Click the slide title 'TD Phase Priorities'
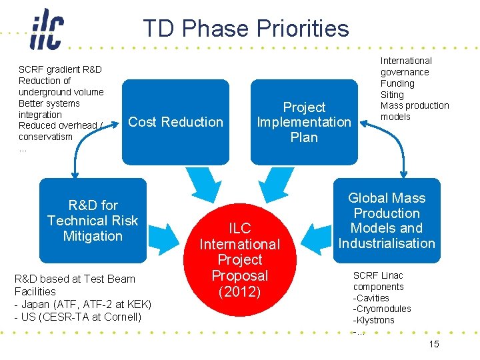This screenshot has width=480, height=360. (245, 28)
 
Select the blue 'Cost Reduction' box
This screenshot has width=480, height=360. (175, 121)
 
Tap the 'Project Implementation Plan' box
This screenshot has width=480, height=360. (304, 121)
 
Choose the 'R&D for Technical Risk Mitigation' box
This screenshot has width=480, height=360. (93, 220)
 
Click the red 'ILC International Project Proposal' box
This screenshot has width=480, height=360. (240, 251)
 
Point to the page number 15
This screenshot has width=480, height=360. (434, 344)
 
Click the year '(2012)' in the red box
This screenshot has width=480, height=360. (240, 291)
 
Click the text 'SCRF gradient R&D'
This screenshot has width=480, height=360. (60, 69)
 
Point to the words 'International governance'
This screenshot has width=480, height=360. (405, 66)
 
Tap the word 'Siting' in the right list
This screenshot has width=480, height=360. (392, 95)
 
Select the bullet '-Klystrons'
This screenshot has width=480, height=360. (374, 320)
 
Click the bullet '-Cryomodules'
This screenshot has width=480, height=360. (382, 309)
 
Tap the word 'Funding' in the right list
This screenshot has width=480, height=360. (397, 83)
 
